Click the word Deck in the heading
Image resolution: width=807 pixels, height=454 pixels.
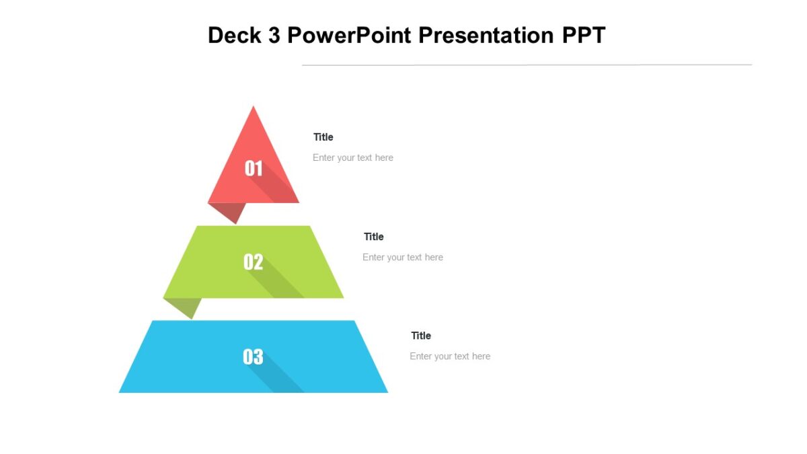(x=235, y=35)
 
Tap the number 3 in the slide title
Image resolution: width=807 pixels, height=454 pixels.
(x=274, y=35)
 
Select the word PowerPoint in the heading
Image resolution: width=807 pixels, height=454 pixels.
(x=350, y=35)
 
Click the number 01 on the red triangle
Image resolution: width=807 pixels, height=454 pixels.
(x=254, y=168)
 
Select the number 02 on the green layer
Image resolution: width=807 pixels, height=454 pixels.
(x=253, y=262)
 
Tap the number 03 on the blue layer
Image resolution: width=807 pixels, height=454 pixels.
(x=253, y=356)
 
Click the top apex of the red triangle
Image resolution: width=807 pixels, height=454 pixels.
(x=254, y=108)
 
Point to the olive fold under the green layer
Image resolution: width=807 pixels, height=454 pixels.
(x=186, y=306)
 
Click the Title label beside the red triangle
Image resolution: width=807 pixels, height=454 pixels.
(x=323, y=137)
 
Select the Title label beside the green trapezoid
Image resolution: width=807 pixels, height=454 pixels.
(x=374, y=237)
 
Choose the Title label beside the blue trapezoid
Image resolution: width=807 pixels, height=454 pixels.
(x=421, y=336)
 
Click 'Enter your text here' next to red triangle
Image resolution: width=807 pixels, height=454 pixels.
(x=353, y=157)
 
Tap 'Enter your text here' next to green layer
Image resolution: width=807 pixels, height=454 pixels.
(x=403, y=257)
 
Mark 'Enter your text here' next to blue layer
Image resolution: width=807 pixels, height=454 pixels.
(x=450, y=356)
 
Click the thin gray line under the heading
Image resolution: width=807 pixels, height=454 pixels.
(x=527, y=65)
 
